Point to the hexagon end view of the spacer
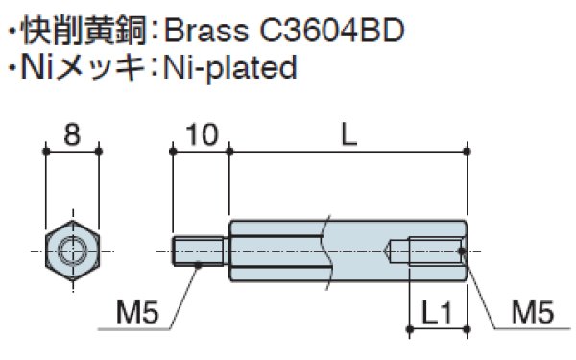point(72,252)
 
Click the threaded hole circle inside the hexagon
point(72,252)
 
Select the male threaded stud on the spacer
point(201,252)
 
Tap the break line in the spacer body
point(326,252)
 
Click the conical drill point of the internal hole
point(390,252)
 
